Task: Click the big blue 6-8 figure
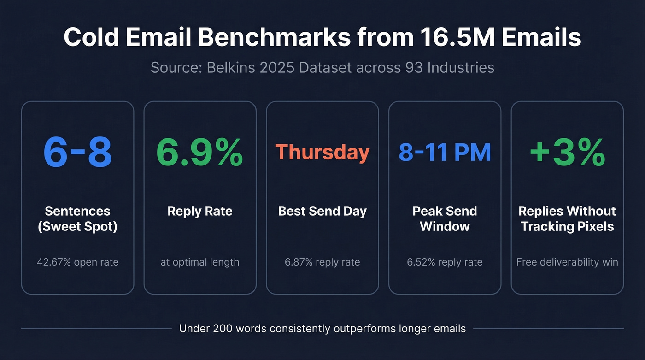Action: (x=77, y=152)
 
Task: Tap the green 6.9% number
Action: (x=199, y=152)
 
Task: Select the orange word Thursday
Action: (x=322, y=152)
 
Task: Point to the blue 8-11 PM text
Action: (x=445, y=152)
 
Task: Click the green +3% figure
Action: (x=567, y=152)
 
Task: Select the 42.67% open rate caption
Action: (x=77, y=262)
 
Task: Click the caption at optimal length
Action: (x=199, y=262)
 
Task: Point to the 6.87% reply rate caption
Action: (x=322, y=262)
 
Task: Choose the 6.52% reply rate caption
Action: (x=445, y=262)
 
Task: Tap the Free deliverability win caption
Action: (x=567, y=262)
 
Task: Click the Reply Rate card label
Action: (x=199, y=211)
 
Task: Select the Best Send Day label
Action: (x=322, y=211)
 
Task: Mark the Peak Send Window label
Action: (x=445, y=218)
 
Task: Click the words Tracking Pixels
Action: (x=567, y=226)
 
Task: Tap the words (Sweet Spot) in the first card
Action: (x=77, y=226)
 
